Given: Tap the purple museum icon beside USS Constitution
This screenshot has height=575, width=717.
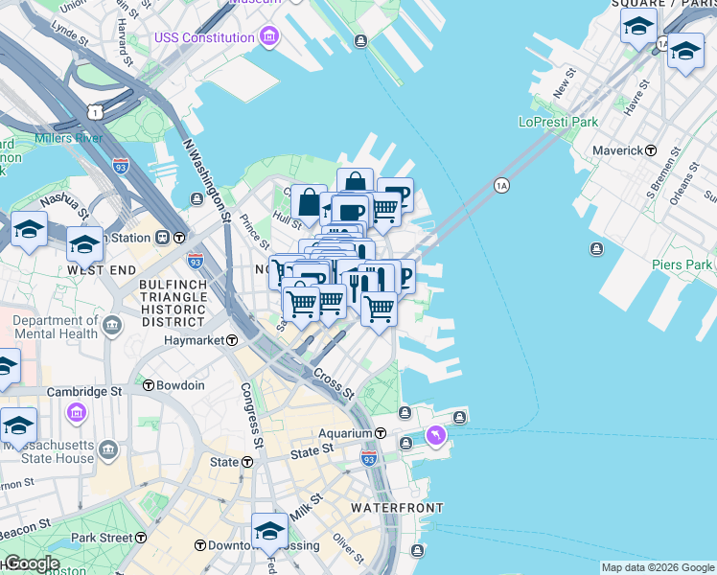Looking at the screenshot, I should click(270, 38).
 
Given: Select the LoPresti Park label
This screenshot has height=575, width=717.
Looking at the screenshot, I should click(558, 122).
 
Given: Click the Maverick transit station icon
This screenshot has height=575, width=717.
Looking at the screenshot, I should click(651, 150).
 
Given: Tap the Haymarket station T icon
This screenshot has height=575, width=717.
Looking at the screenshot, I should click(232, 340).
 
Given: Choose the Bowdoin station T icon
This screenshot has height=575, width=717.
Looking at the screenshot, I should click(149, 385).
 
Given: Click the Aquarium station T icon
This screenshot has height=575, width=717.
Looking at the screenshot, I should click(380, 434).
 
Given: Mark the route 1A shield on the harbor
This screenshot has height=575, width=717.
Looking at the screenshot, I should click(501, 184).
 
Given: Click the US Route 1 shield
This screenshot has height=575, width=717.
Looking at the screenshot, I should click(94, 112).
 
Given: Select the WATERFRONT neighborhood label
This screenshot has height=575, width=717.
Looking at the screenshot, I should click(396, 507).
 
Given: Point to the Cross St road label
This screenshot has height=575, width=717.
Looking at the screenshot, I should click(334, 385).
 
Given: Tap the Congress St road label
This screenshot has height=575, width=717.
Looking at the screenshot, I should click(251, 417).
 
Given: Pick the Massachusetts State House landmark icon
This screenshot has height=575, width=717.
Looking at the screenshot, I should click(108, 448).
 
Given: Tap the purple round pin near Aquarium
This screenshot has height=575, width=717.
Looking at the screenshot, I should click(436, 436).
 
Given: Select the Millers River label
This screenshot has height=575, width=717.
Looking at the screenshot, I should click(68, 138).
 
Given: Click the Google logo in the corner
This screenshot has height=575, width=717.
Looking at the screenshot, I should click(32, 563).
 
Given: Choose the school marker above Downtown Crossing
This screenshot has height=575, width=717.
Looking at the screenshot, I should click(270, 531).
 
